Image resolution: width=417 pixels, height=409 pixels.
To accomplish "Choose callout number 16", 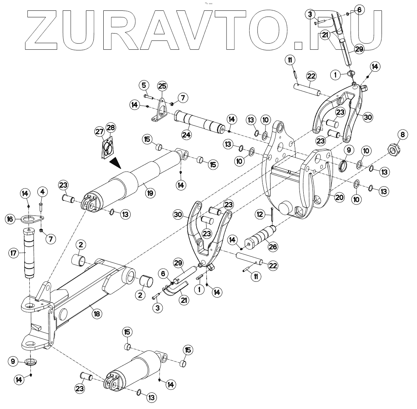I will click(x=10, y=219).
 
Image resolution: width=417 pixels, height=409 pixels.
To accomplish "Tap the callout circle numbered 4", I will click(x=42, y=191).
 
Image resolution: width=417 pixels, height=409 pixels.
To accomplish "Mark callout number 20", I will click(x=339, y=197).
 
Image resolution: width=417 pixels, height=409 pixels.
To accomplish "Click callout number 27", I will click(x=100, y=132).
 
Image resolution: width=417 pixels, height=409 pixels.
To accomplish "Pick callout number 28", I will click(x=111, y=128).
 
